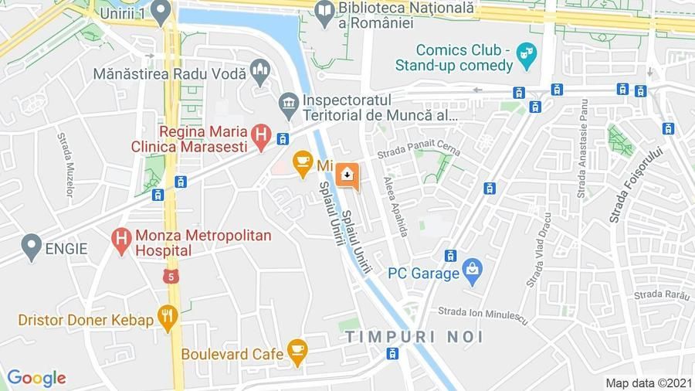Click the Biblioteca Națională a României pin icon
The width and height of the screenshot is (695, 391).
(324, 10)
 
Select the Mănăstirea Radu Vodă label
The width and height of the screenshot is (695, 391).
(169, 74)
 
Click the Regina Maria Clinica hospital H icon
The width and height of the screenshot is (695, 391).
(262, 137)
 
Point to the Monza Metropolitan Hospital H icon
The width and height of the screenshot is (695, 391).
(120, 241)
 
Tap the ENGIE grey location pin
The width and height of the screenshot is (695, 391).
(31, 247)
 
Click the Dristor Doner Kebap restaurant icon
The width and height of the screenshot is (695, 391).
(168, 316)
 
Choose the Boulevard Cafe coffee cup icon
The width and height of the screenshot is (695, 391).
(297, 352)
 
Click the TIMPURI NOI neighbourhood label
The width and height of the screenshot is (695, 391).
(414, 337)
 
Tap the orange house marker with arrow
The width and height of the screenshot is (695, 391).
(347, 175)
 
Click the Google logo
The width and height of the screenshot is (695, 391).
(36, 378)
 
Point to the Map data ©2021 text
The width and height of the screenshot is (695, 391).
(649, 382)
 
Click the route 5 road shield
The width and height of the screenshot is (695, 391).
(171, 275)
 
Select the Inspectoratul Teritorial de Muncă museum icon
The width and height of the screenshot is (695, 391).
(290, 104)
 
